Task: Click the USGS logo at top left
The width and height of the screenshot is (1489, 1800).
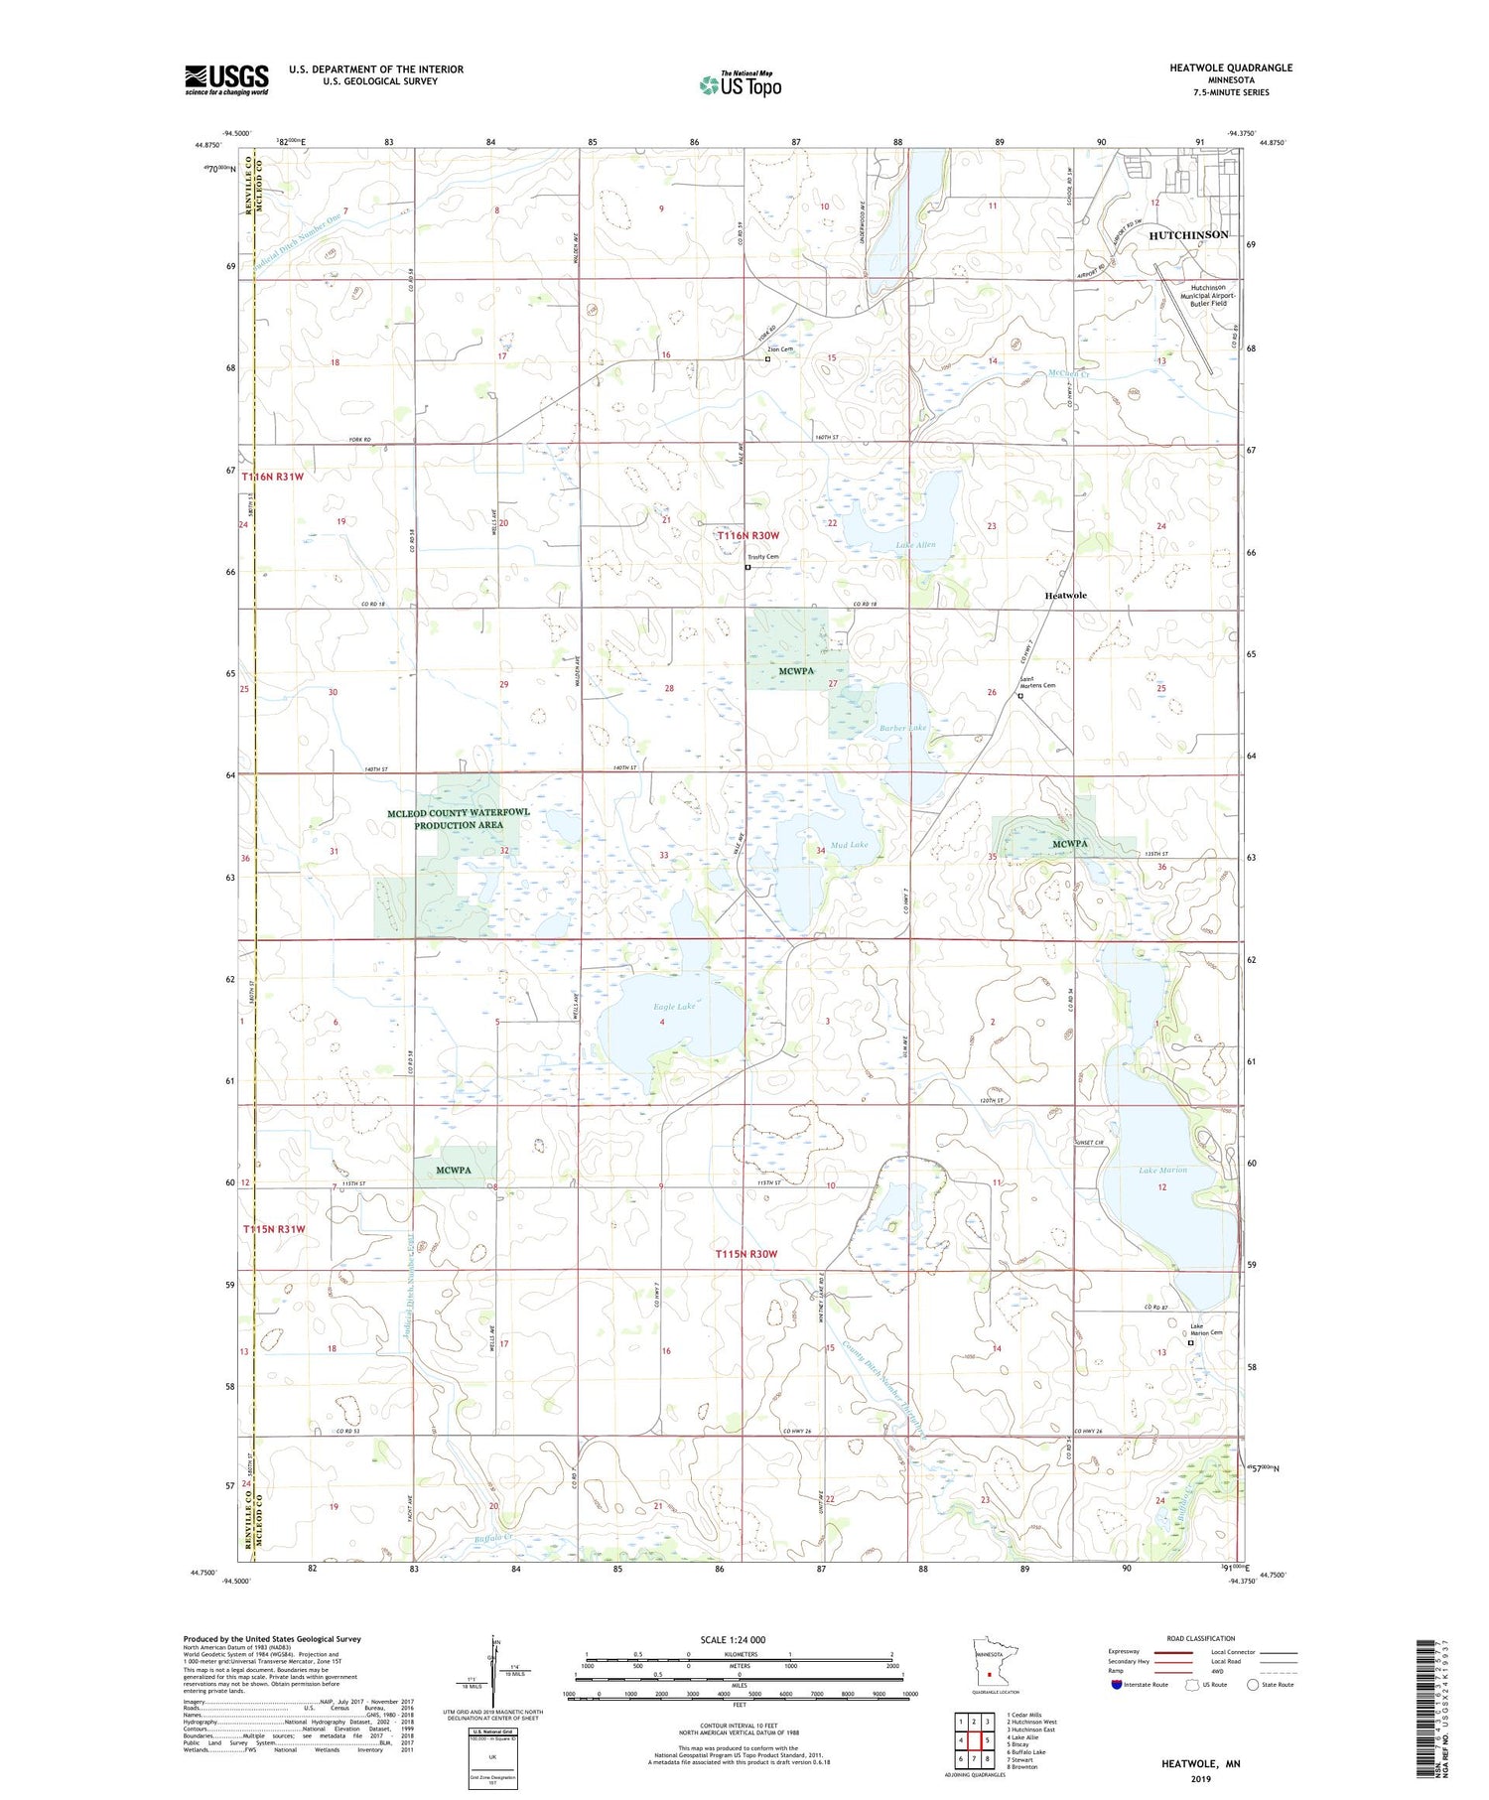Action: (226, 78)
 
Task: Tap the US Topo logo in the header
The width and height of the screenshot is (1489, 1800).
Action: (741, 85)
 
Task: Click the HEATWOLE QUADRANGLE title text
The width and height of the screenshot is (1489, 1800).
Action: (1231, 68)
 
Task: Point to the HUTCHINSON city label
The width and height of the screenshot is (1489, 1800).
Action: (1188, 235)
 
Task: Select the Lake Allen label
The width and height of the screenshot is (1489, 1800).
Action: (915, 545)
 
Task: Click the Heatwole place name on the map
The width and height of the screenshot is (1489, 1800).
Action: (1065, 596)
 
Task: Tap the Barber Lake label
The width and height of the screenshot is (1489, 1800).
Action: (902, 728)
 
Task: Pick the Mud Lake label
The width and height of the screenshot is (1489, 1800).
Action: (849, 845)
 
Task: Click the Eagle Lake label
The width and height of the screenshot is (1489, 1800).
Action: (674, 1007)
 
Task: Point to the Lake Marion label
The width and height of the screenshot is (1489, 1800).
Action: (1162, 1171)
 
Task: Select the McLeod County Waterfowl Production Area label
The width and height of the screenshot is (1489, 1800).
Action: (459, 818)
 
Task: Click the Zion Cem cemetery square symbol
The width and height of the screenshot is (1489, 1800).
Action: (767, 359)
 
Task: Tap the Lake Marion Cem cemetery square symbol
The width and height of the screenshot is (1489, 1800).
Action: (1191, 1343)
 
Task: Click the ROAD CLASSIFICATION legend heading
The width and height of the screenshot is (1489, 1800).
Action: (1201, 1638)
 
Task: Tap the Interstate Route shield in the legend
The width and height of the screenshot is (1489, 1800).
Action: (1117, 1685)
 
